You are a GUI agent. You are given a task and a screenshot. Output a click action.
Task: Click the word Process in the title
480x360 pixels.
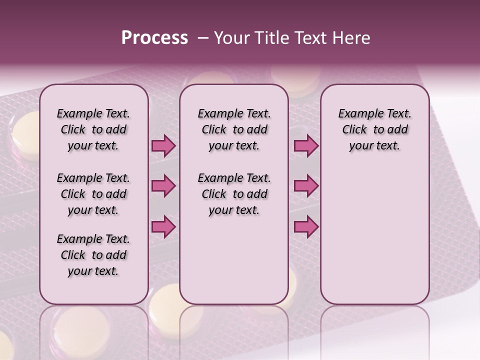[154, 38]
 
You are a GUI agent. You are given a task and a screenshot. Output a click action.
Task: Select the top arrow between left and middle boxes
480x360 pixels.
[163, 146]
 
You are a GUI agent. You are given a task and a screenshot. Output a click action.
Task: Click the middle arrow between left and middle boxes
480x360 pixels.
[163, 186]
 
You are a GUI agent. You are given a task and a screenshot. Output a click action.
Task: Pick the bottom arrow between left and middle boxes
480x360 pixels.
[163, 226]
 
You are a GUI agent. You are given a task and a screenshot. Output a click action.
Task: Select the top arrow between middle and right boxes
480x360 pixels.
[306, 146]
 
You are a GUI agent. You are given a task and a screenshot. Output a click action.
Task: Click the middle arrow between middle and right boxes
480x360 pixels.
[306, 186]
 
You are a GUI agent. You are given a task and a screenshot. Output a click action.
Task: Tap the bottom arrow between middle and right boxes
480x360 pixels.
[306, 226]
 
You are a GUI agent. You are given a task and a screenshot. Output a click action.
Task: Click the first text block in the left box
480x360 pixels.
[93, 129]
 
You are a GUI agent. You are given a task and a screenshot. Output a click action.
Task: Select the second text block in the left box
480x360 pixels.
[93, 194]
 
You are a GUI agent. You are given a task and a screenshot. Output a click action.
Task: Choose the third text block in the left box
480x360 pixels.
[93, 255]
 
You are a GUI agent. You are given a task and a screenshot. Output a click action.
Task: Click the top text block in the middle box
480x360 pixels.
[234, 129]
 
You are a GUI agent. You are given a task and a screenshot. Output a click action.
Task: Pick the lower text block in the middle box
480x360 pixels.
[234, 194]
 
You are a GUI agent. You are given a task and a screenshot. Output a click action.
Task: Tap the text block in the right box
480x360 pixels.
[374, 129]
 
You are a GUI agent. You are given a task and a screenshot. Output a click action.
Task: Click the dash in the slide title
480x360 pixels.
[203, 38]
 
